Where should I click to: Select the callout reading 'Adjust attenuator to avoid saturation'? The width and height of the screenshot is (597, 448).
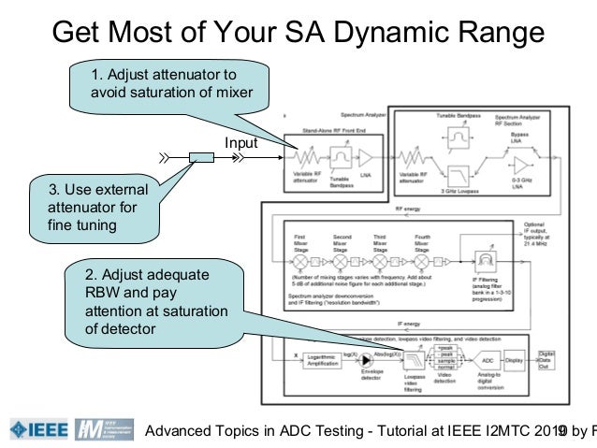(165, 84)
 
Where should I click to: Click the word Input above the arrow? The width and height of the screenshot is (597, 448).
(240, 142)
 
